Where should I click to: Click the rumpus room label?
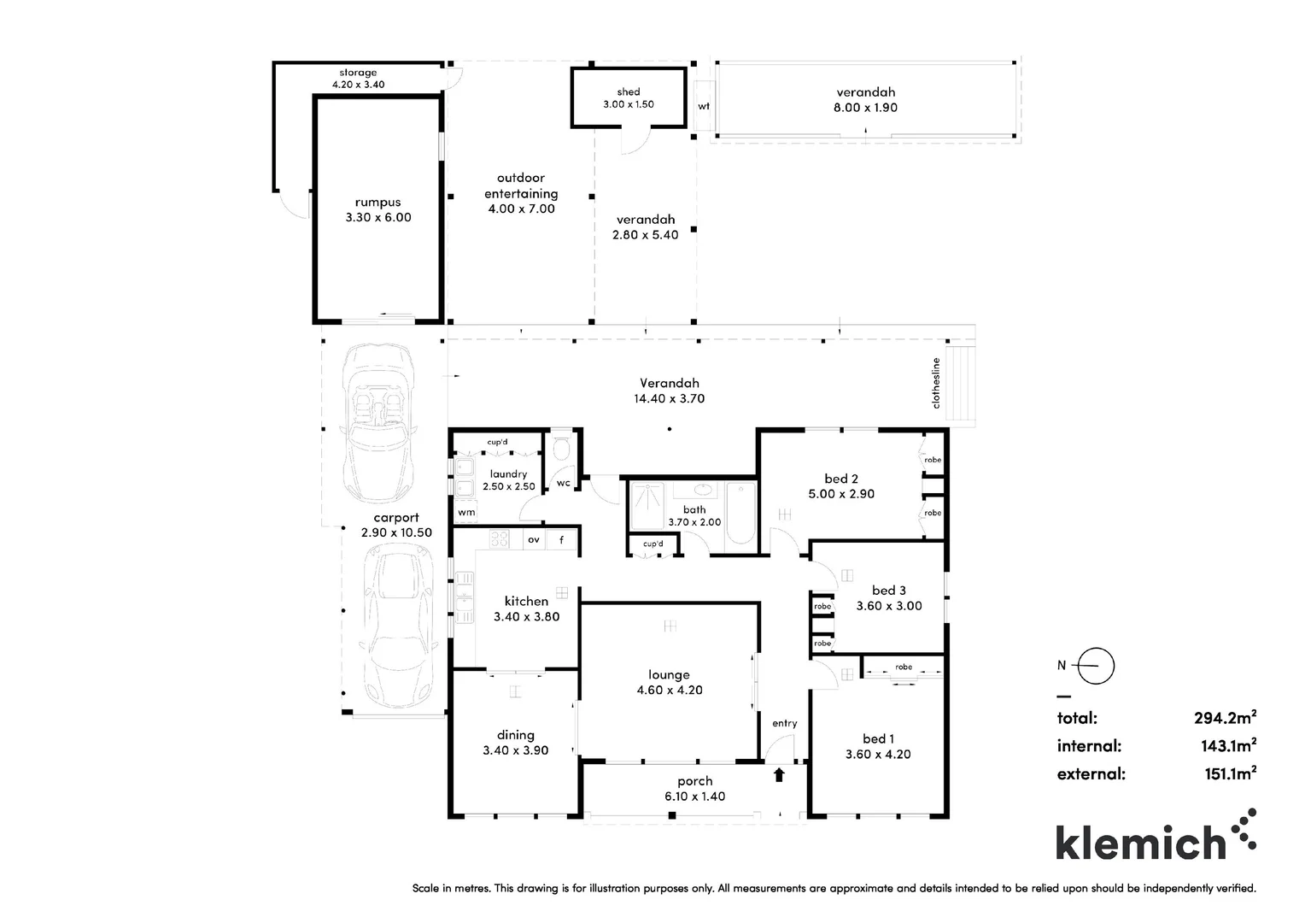pos(378,203)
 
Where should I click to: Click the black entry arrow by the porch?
pos(779,775)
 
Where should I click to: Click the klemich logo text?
pos(1141,843)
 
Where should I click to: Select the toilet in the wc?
pos(562,450)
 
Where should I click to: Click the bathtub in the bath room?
pos(740,514)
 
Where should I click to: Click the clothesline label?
pos(936,383)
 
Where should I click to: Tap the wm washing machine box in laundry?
pos(466,512)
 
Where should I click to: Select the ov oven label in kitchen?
pos(534,539)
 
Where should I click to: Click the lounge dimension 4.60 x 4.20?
pos(670,690)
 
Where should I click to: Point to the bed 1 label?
pos(878,738)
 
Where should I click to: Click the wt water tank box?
pos(704,106)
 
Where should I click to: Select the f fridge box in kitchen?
pos(562,539)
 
